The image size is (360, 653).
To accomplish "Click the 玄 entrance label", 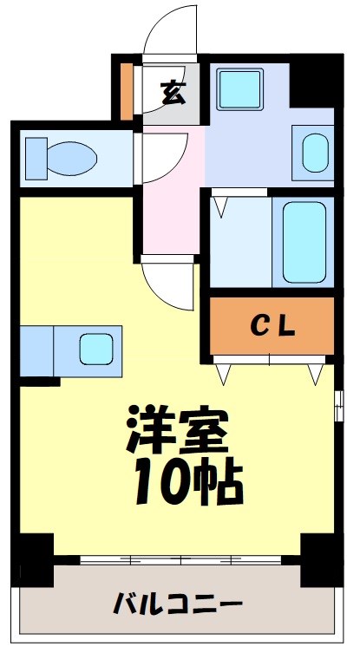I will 173,91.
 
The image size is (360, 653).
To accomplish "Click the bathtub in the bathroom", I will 303,241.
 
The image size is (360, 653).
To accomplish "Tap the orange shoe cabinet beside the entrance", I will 127,88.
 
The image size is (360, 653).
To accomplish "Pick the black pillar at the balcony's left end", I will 36,561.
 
